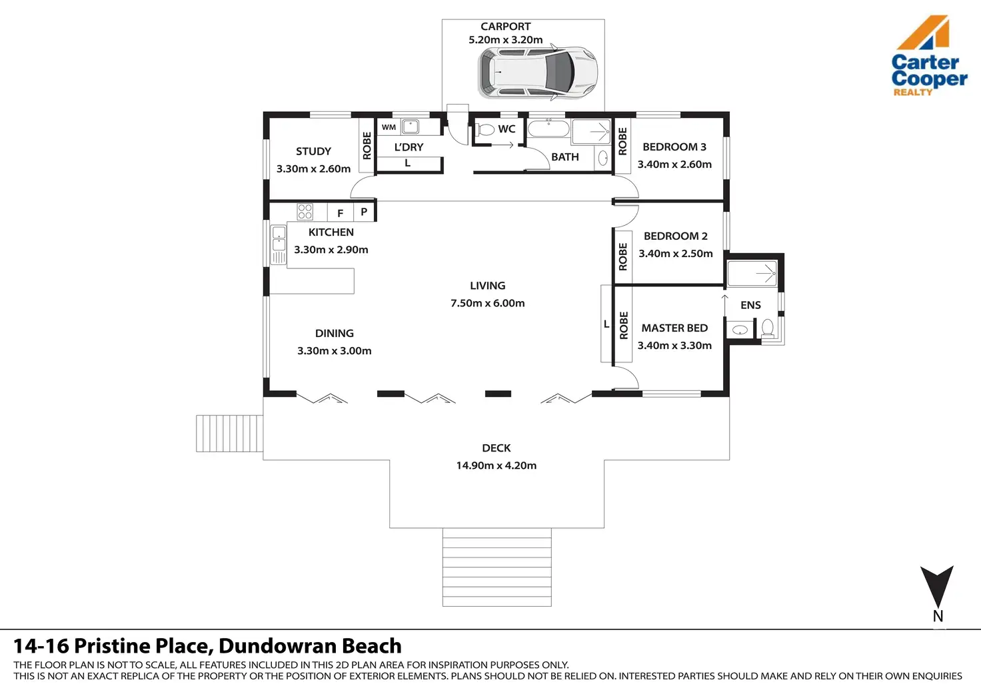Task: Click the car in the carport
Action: point(537,73)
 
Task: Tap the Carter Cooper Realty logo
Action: point(928,57)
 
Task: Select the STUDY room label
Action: point(313,151)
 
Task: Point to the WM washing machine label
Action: point(389,127)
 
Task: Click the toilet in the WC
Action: point(485,130)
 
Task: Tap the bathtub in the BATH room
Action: point(548,129)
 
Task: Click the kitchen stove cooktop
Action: point(305,212)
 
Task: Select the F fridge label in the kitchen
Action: point(341,213)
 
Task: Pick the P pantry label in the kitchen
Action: point(364,212)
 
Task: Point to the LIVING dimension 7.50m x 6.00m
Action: point(487,303)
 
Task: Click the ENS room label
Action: point(750,305)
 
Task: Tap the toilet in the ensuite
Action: point(767,328)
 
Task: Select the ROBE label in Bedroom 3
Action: point(622,142)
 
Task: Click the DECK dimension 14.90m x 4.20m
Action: point(496,466)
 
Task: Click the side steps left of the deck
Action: point(229,434)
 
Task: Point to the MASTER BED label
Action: point(674,328)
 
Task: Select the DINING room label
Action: point(334,333)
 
